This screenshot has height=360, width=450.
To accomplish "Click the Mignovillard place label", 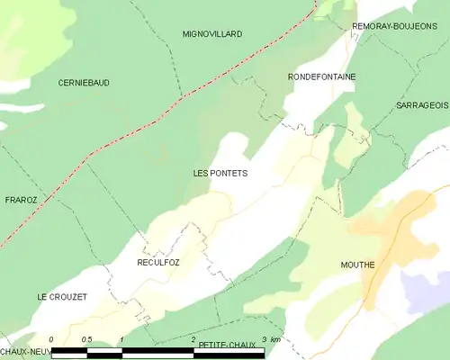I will coord(212,34).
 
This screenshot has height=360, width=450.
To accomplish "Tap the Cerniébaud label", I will coord(84,83).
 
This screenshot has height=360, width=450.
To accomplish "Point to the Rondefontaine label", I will coord(321,77).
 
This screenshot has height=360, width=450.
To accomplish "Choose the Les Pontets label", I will coord(220,172).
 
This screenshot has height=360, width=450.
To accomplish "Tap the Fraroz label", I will coord(20,200).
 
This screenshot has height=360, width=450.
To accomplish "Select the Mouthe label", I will coord(357,265).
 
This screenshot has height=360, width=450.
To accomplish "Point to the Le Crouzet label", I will coord(61,297).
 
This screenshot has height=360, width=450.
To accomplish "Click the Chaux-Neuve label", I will coord(22,350).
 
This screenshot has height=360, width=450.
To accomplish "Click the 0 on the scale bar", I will coord(52,339).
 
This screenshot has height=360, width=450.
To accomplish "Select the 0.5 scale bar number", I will coord(85,339).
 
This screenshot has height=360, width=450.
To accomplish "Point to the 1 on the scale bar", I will coord(121,339).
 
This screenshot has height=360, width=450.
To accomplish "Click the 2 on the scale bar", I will coord(193,339).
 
